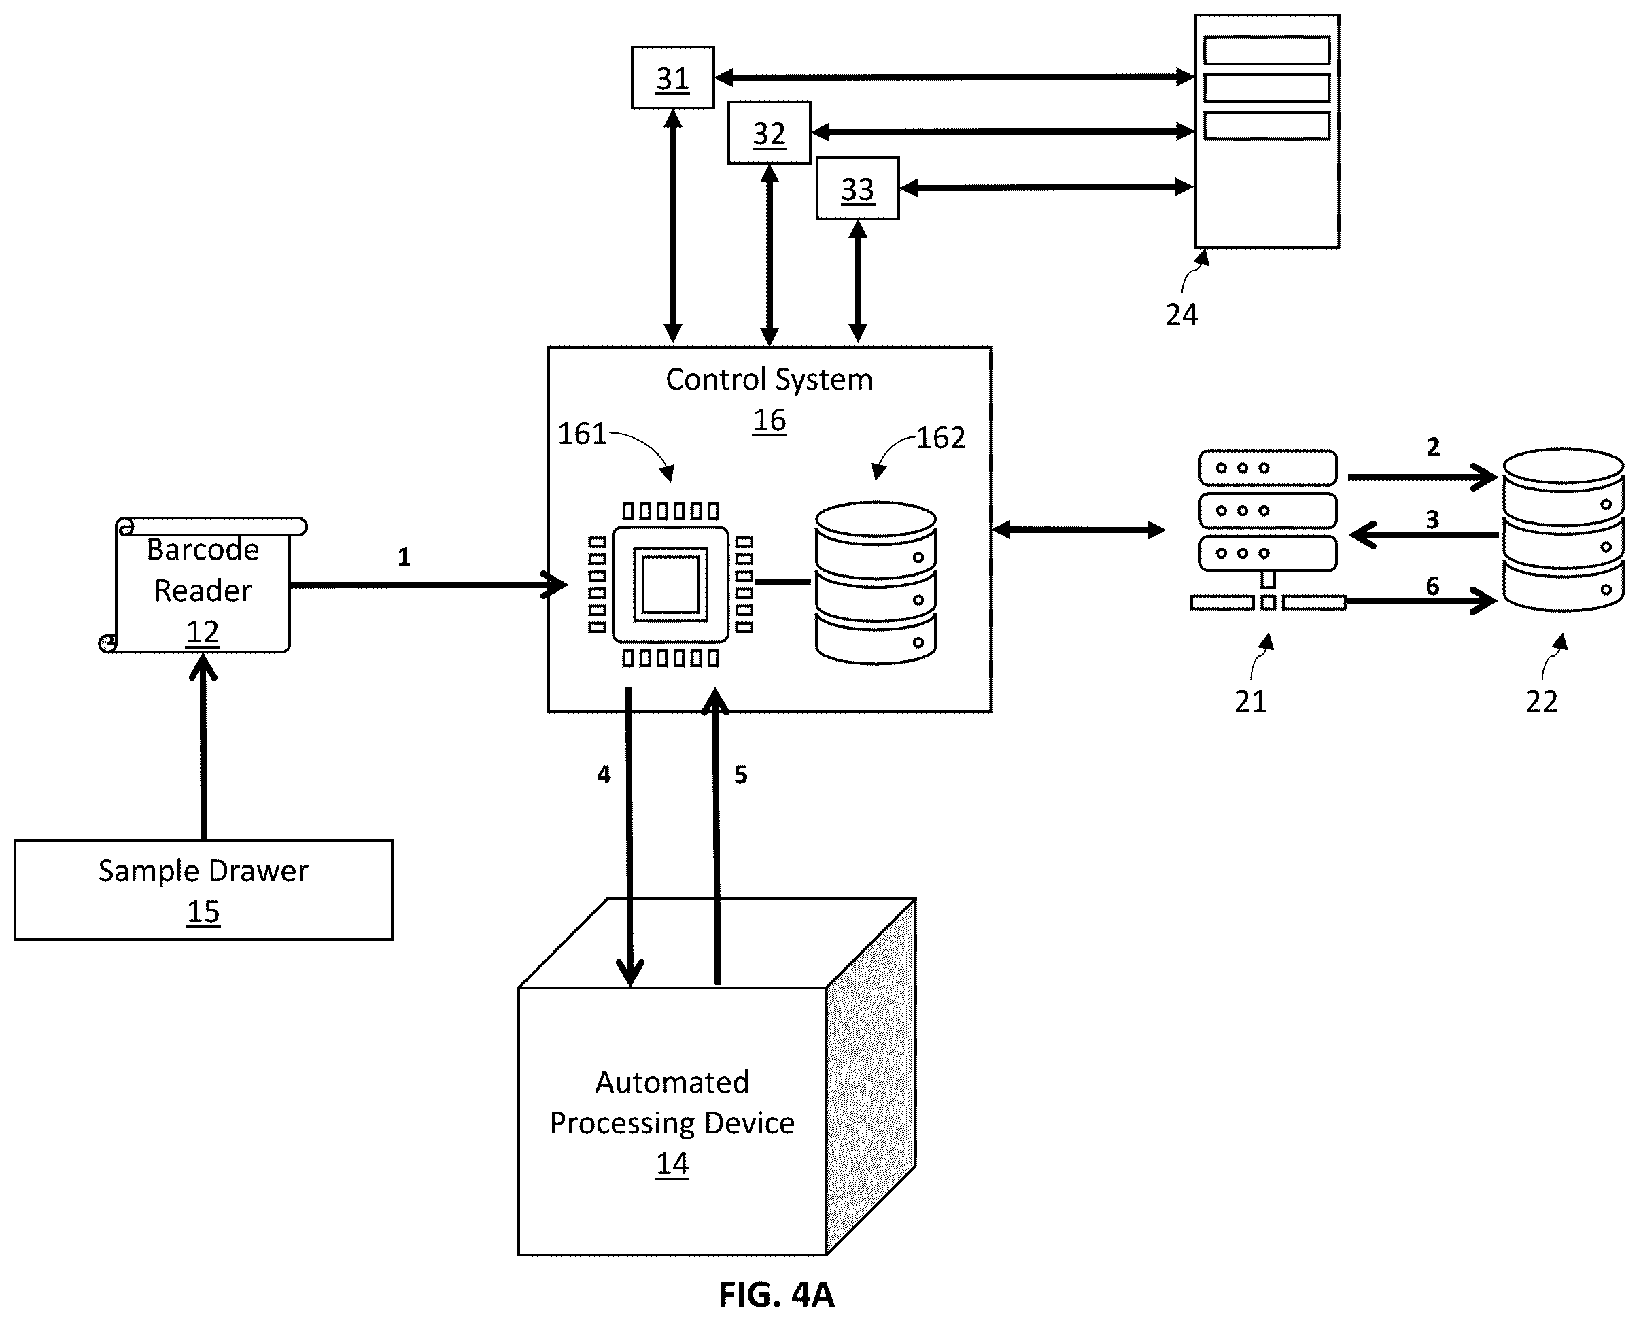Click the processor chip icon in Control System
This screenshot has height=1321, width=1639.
point(670,585)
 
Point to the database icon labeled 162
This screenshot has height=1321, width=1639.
point(876,582)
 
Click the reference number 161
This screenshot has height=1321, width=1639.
point(582,434)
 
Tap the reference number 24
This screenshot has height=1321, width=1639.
point(1181,314)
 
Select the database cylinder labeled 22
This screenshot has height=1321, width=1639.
point(1564,530)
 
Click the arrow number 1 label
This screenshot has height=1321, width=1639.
point(404,557)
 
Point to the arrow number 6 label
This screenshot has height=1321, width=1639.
point(1433,586)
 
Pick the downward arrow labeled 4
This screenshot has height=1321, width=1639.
point(629,837)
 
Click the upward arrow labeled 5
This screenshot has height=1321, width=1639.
point(715,836)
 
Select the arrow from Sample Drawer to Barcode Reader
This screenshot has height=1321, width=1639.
point(203,747)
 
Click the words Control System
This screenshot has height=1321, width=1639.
point(770,379)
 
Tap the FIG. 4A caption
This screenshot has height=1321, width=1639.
point(777,1294)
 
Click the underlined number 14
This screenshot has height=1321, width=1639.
point(672,1163)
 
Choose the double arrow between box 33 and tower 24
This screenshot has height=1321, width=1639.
point(1046,187)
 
